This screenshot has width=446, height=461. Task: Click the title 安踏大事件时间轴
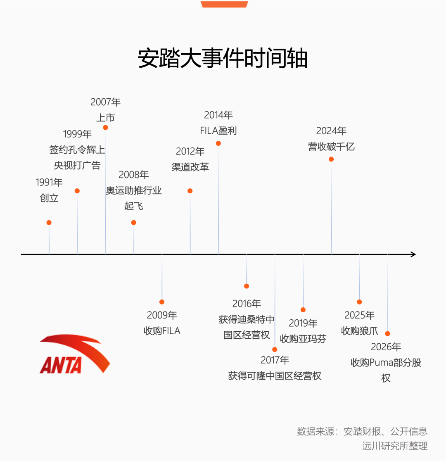[x=223, y=58]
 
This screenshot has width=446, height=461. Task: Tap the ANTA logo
[x=75, y=354]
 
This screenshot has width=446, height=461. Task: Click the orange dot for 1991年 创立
[x=49, y=223]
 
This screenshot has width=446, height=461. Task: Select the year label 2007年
[x=106, y=102]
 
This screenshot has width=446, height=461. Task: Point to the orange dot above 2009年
[x=162, y=302]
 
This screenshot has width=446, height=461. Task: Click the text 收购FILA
[x=162, y=331]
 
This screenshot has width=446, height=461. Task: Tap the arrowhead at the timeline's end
[x=413, y=254]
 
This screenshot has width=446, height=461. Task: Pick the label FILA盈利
[x=218, y=131]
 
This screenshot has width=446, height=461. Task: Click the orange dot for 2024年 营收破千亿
[x=331, y=159]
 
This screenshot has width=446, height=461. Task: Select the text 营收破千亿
[x=331, y=146]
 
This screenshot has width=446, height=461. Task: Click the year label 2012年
[x=190, y=152]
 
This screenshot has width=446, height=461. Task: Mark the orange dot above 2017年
[x=275, y=349]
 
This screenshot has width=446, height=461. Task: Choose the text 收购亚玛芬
[x=303, y=339]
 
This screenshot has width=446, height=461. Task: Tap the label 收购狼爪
[x=360, y=331]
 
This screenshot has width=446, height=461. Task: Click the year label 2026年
[x=386, y=347]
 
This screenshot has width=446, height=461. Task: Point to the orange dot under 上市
[x=105, y=127]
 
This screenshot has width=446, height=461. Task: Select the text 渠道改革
[x=190, y=167]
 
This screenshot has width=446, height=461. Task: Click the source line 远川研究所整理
[x=395, y=446]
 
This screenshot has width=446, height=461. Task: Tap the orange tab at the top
[x=224, y=4]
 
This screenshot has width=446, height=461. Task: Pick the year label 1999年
[x=77, y=134]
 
